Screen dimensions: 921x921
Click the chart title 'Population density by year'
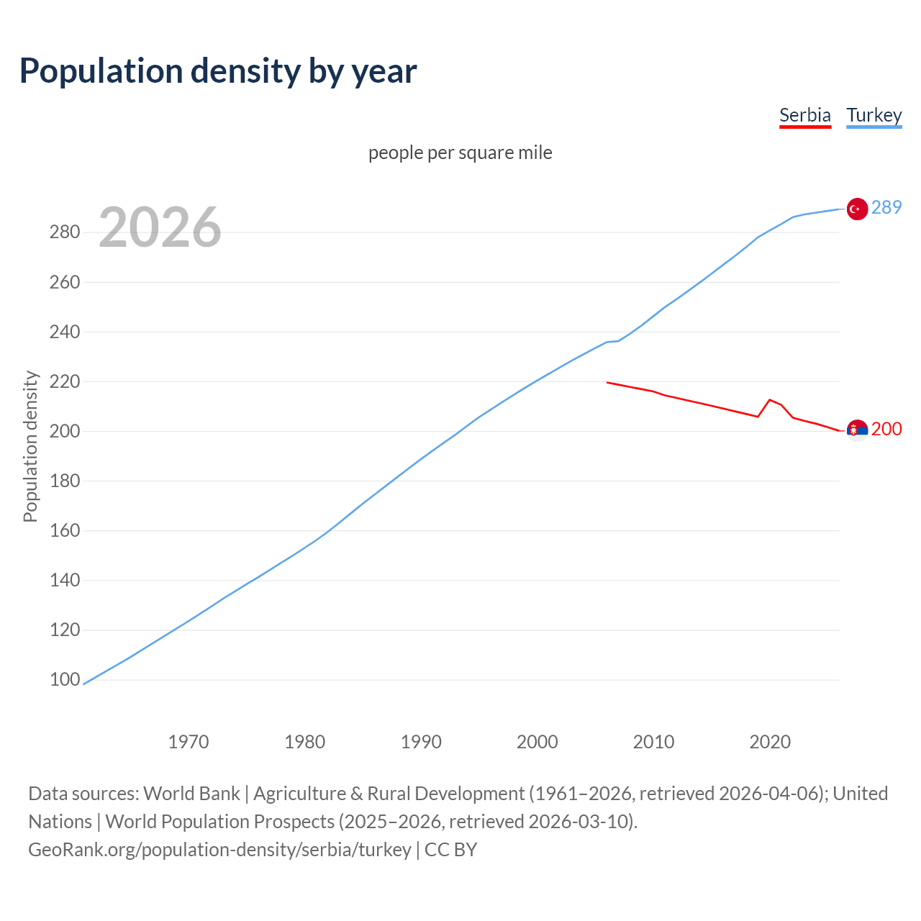tap(218, 71)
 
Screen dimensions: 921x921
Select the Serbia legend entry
tap(804, 115)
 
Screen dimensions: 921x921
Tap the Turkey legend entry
tap(874, 115)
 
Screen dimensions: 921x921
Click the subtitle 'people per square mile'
tap(460, 153)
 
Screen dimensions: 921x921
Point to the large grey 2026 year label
tap(160, 227)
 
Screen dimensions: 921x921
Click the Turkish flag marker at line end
tap(856, 209)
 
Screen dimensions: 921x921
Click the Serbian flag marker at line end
tap(856, 430)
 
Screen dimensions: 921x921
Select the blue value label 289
tap(886, 207)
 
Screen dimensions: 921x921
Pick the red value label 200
tap(886, 429)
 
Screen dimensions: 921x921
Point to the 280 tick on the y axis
tap(65, 232)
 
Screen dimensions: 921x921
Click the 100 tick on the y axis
tap(65, 679)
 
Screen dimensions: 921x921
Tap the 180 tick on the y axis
tap(65, 481)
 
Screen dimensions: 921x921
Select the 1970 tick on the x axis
tap(189, 741)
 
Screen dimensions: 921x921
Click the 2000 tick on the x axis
tap(537, 741)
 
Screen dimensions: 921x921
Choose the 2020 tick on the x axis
tap(770, 741)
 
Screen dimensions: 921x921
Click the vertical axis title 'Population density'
tap(30, 446)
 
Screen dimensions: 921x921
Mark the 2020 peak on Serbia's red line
tap(770, 399)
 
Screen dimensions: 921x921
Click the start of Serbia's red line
tap(607, 382)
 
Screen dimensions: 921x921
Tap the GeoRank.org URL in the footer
tap(219, 849)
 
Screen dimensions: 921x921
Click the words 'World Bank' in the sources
tap(191, 793)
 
